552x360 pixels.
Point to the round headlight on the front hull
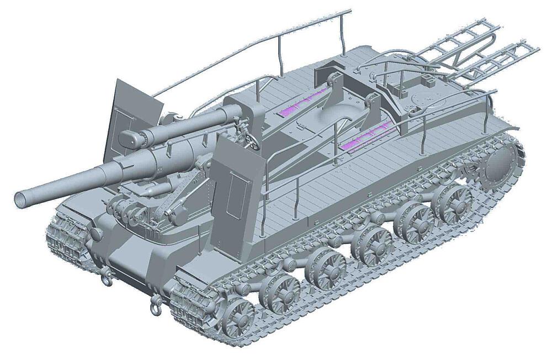[97, 234]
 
